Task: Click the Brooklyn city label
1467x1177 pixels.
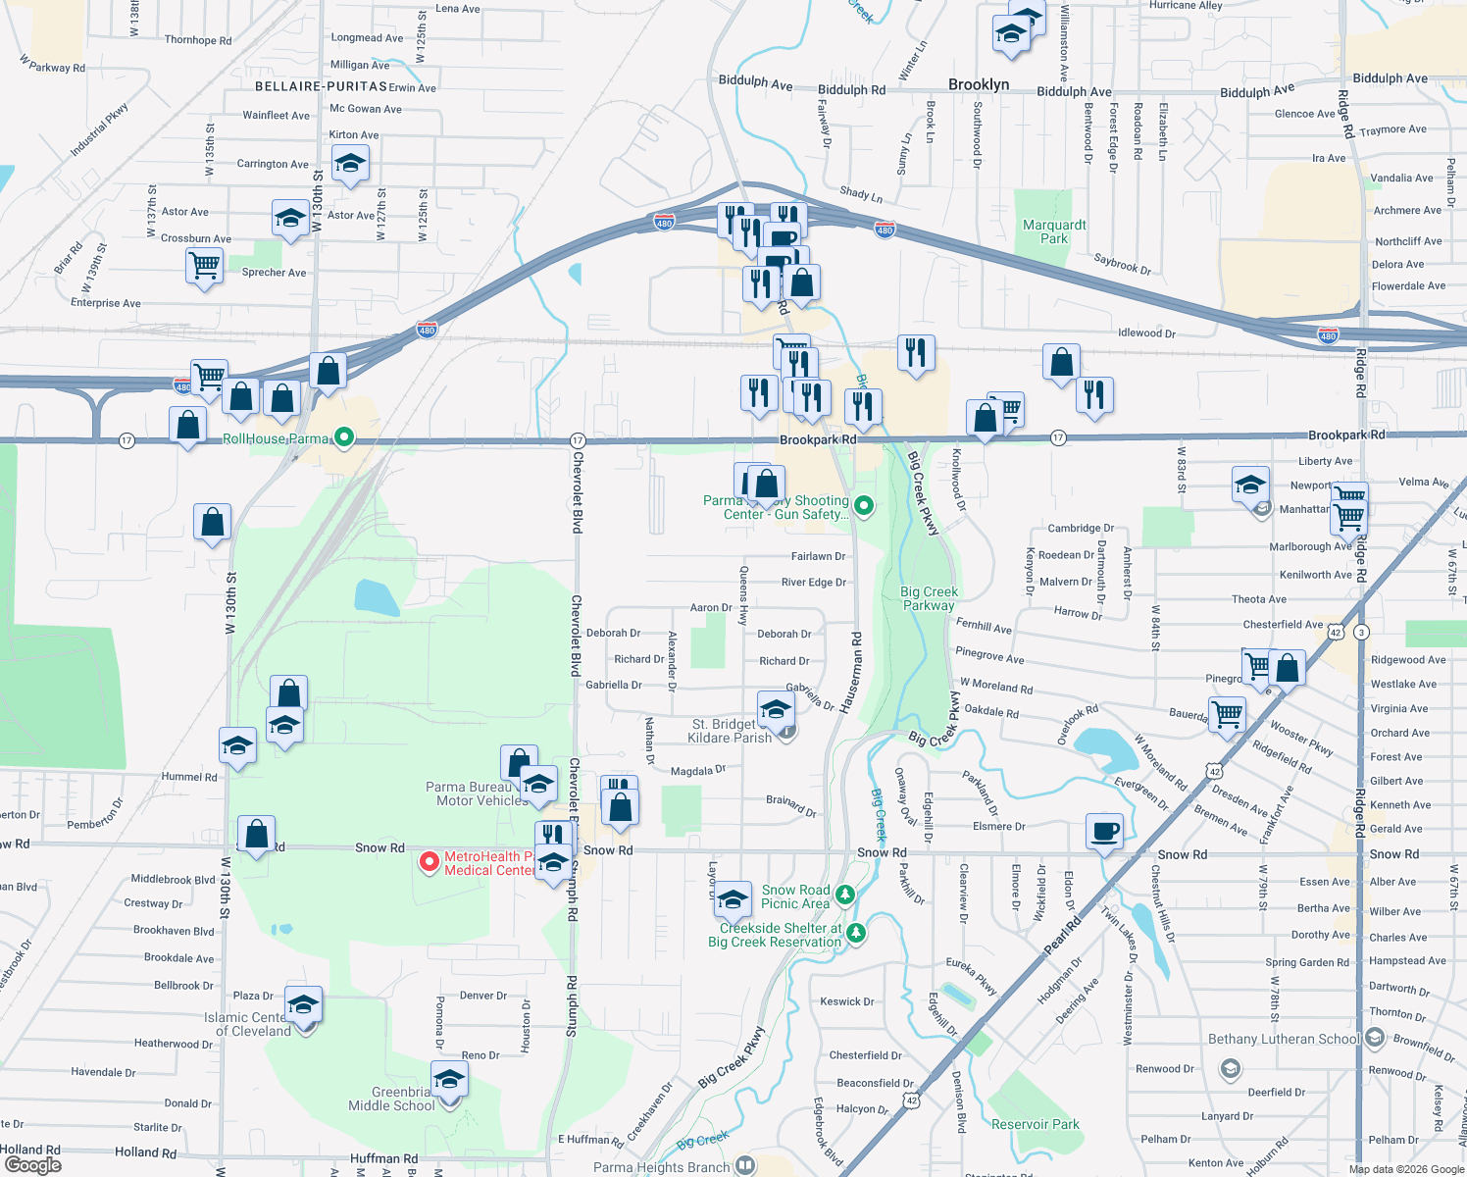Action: (x=979, y=84)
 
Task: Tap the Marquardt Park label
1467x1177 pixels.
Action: (x=1054, y=231)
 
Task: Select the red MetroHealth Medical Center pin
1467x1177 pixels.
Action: (x=429, y=862)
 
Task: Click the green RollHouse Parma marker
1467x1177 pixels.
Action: (x=343, y=437)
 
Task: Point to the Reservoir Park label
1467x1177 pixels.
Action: (x=1035, y=1124)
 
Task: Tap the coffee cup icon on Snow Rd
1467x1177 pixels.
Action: (x=1104, y=831)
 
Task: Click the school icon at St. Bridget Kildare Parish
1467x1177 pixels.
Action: (x=776, y=709)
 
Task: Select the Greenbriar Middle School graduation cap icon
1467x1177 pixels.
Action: (x=449, y=1080)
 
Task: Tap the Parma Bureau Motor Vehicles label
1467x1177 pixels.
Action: (x=478, y=793)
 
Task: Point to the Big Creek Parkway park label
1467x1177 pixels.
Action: (x=929, y=598)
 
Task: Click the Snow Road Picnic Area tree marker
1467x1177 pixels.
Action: (x=845, y=895)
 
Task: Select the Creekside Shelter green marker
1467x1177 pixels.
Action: (x=856, y=932)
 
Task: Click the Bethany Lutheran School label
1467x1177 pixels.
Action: (x=1284, y=1039)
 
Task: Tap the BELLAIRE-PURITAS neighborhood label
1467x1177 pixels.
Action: (x=321, y=86)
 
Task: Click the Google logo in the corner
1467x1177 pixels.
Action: (x=32, y=1164)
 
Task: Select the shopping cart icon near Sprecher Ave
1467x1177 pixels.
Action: (x=204, y=265)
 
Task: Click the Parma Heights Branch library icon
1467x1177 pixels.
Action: (x=745, y=1165)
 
